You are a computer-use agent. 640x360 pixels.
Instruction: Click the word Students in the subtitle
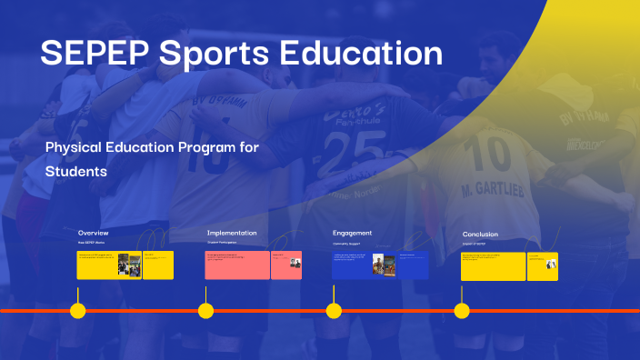(x=76, y=171)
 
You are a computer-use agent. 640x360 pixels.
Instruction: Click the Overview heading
(x=94, y=234)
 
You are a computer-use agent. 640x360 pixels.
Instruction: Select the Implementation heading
(x=232, y=234)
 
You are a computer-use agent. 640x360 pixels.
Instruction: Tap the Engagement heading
(x=353, y=234)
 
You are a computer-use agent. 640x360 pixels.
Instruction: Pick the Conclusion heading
(x=480, y=235)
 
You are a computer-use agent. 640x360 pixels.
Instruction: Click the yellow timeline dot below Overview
(x=78, y=311)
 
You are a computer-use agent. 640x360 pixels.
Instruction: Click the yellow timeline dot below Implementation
(x=206, y=311)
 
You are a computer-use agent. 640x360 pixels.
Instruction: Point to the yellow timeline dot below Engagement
(x=334, y=311)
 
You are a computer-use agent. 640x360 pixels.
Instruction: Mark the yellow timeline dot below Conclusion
(x=462, y=311)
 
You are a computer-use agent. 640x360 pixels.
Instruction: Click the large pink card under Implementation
(x=237, y=265)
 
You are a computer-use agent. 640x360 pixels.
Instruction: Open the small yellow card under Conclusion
(x=542, y=265)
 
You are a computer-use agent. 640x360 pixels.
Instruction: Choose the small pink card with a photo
(x=286, y=265)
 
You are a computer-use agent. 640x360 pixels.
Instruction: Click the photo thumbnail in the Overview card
(x=129, y=265)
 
